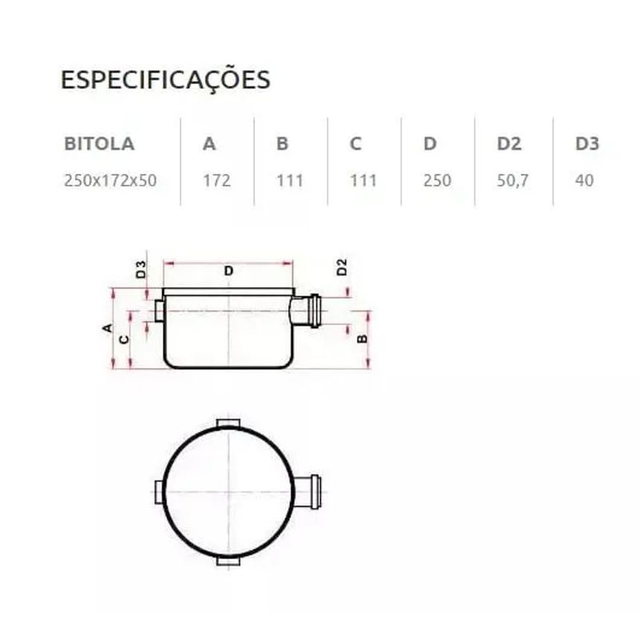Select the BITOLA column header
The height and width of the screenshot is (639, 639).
tap(99, 144)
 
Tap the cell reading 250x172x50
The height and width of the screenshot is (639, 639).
tap(110, 181)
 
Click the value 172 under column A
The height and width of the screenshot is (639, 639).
tap(217, 181)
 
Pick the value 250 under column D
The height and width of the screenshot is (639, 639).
tap(437, 181)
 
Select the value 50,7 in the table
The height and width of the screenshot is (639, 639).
tap(513, 181)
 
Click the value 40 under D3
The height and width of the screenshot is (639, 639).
tap(585, 181)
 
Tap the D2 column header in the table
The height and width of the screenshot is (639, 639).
tap(509, 144)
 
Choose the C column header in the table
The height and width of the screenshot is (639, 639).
tap(355, 144)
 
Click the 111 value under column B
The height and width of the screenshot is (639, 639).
tap(290, 181)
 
